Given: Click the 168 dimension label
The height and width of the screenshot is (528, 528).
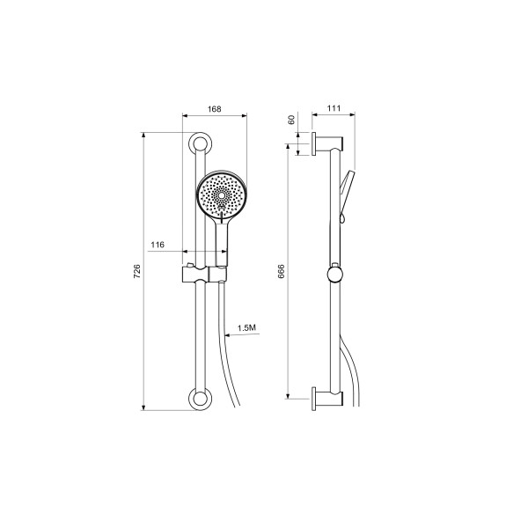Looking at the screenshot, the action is coord(214,109).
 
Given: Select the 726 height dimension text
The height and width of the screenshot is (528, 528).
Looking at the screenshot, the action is coord(137,271).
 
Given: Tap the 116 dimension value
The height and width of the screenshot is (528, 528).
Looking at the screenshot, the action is coord(158,245).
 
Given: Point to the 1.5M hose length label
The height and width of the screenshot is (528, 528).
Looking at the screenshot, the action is coord(246,327).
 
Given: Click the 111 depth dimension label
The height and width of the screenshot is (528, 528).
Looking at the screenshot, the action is coord(334,108).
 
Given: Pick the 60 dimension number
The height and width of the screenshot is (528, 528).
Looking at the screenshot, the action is coord(291,120).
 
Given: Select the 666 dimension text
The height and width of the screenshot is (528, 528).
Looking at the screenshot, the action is coord(282,271).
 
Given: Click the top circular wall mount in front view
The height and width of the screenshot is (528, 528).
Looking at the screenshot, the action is coord(200,143).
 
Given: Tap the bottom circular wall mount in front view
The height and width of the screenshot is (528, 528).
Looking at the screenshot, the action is coord(200,399).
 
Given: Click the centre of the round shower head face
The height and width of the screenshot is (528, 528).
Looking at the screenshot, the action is coord(222,195).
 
